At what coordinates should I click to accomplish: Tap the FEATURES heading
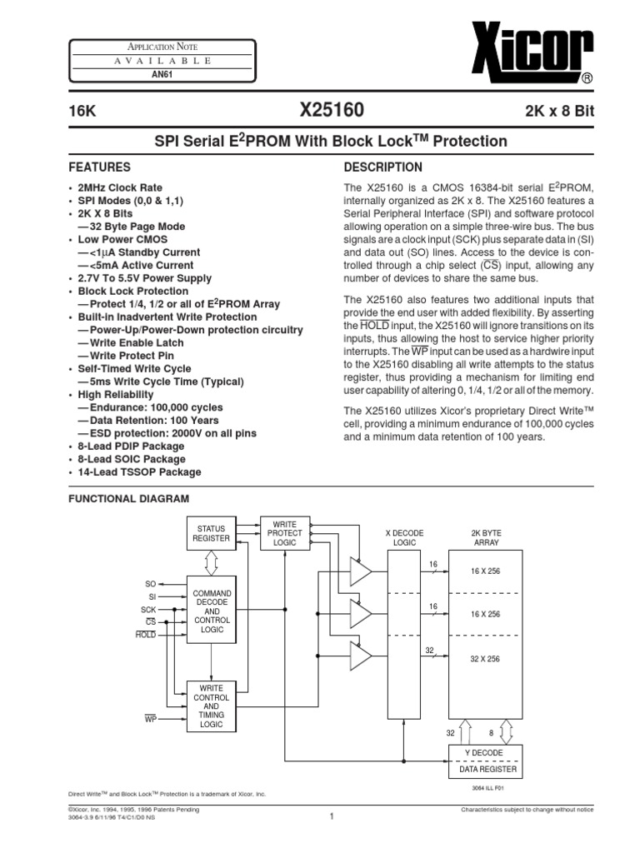(99, 167)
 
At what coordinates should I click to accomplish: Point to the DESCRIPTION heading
(382, 167)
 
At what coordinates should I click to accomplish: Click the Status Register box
(212, 533)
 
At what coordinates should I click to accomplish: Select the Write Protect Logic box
(284, 533)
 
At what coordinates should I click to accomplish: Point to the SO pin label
(151, 584)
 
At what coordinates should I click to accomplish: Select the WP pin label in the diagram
(150, 716)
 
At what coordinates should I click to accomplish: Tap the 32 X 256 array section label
(483, 658)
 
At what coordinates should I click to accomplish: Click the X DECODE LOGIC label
(404, 536)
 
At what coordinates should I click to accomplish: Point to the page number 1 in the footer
(331, 816)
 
